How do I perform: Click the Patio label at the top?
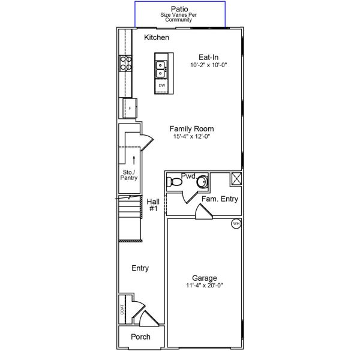click(179, 9)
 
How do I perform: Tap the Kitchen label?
click(157, 38)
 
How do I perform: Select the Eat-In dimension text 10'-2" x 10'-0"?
click(208, 65)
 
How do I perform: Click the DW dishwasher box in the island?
click(161, 86)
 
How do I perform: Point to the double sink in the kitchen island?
click(161, 70)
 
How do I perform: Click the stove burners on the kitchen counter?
click(127, 64)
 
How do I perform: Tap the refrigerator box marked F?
click(129, 108)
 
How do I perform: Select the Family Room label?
click(191, 128)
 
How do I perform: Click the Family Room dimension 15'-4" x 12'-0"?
click(191, 136)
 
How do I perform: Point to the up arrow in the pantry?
click(133, 158)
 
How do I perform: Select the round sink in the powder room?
click(203, 181)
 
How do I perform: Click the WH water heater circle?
click(236, 224)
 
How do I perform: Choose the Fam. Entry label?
click(220, 199)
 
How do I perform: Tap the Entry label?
click(140, 268)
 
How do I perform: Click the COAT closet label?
click(122, 309)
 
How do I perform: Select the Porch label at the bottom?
click(140, 337)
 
